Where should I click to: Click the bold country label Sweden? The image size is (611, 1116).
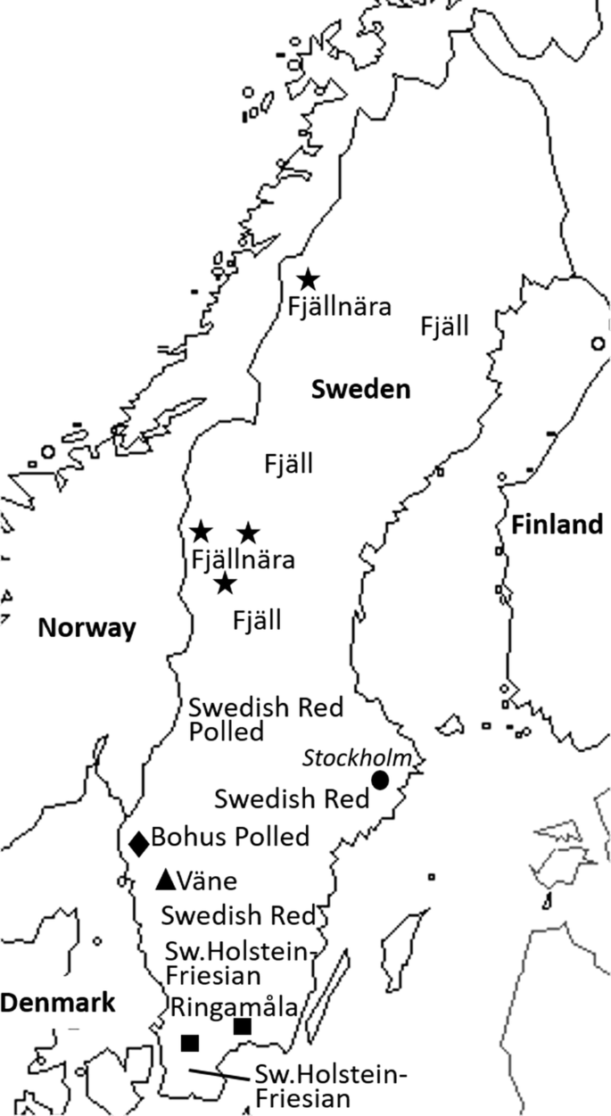click(359, 389)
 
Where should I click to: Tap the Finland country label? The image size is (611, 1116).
click(557, 525)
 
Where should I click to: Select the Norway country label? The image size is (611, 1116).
click(87, 628)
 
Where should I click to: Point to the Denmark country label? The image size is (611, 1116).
click(58, 1002)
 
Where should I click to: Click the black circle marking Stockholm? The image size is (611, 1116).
click(380, 780)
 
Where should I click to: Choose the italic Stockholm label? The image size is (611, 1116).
click(358, 758)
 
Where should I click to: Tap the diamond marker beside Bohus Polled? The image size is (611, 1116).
click(139, 842)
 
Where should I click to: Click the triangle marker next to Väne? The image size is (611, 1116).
click(165, 879)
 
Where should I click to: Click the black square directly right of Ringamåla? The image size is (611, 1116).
click(242, 1027)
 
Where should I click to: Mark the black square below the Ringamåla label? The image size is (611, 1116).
click(189, 1042)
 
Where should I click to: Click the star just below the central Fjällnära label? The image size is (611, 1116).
click(226, 584)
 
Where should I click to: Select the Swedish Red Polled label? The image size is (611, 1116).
click(265, 720)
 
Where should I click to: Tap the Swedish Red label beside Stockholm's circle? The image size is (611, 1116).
click(292, 798)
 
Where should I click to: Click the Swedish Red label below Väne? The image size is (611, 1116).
click(238, 915)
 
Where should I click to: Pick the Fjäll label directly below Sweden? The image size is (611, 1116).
click(288, 464)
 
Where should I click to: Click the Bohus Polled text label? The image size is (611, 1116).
click(230, 837)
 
